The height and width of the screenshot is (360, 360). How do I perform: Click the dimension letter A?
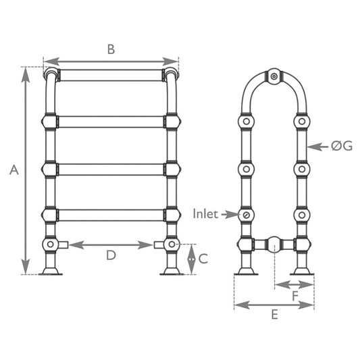tap(13, 171)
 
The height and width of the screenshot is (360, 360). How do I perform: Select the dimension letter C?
tap(203, 258)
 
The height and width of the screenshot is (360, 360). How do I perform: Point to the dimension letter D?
tap(111, 256)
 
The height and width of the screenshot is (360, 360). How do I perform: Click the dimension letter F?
tap(294, 295)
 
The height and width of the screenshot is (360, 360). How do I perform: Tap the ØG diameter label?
tap(341, 145)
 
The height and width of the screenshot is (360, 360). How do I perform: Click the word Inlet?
tap(205, 214)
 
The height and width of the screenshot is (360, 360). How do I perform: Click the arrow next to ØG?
tap(317, 145)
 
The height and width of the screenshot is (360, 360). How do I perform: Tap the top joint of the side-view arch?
tap(274, 76)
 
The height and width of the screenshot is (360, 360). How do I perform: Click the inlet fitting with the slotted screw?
tap(247, 215)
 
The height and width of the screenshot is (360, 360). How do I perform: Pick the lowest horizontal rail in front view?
tap(111, 215)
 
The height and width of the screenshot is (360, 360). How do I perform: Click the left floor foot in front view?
tap(51, 271)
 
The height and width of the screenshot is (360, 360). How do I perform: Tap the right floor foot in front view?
tap(172, 271)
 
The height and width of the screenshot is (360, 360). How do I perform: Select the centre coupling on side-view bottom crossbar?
tap(274, 243)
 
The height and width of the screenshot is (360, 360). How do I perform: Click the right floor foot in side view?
tap(302, 271)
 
